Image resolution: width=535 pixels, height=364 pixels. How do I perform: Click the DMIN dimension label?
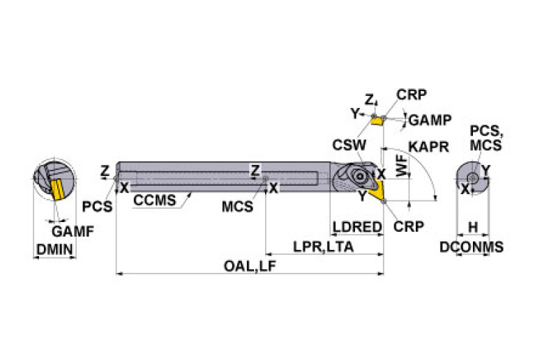(x=54, y=249)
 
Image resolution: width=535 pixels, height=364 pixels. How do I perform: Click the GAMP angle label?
(x=429, y=119)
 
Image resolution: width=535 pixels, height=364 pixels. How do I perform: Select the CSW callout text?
(x=347, y=145)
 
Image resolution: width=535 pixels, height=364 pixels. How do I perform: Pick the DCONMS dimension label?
(x=472, y=247)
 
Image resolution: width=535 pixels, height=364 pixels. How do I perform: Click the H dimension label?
(x=472, y=227)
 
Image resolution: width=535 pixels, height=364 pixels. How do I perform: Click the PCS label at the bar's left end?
(x=97, y=207)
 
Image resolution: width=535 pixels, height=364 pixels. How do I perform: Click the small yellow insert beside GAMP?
(x=377, y=121)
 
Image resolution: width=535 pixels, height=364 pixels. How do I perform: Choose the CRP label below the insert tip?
(x=408, y=226)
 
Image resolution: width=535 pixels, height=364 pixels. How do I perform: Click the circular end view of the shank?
(x=472, y=177)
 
